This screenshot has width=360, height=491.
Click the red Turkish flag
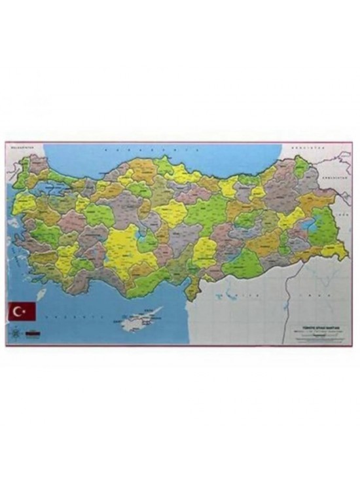click(22, 311)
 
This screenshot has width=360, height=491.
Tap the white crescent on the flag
click(19, 311)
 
